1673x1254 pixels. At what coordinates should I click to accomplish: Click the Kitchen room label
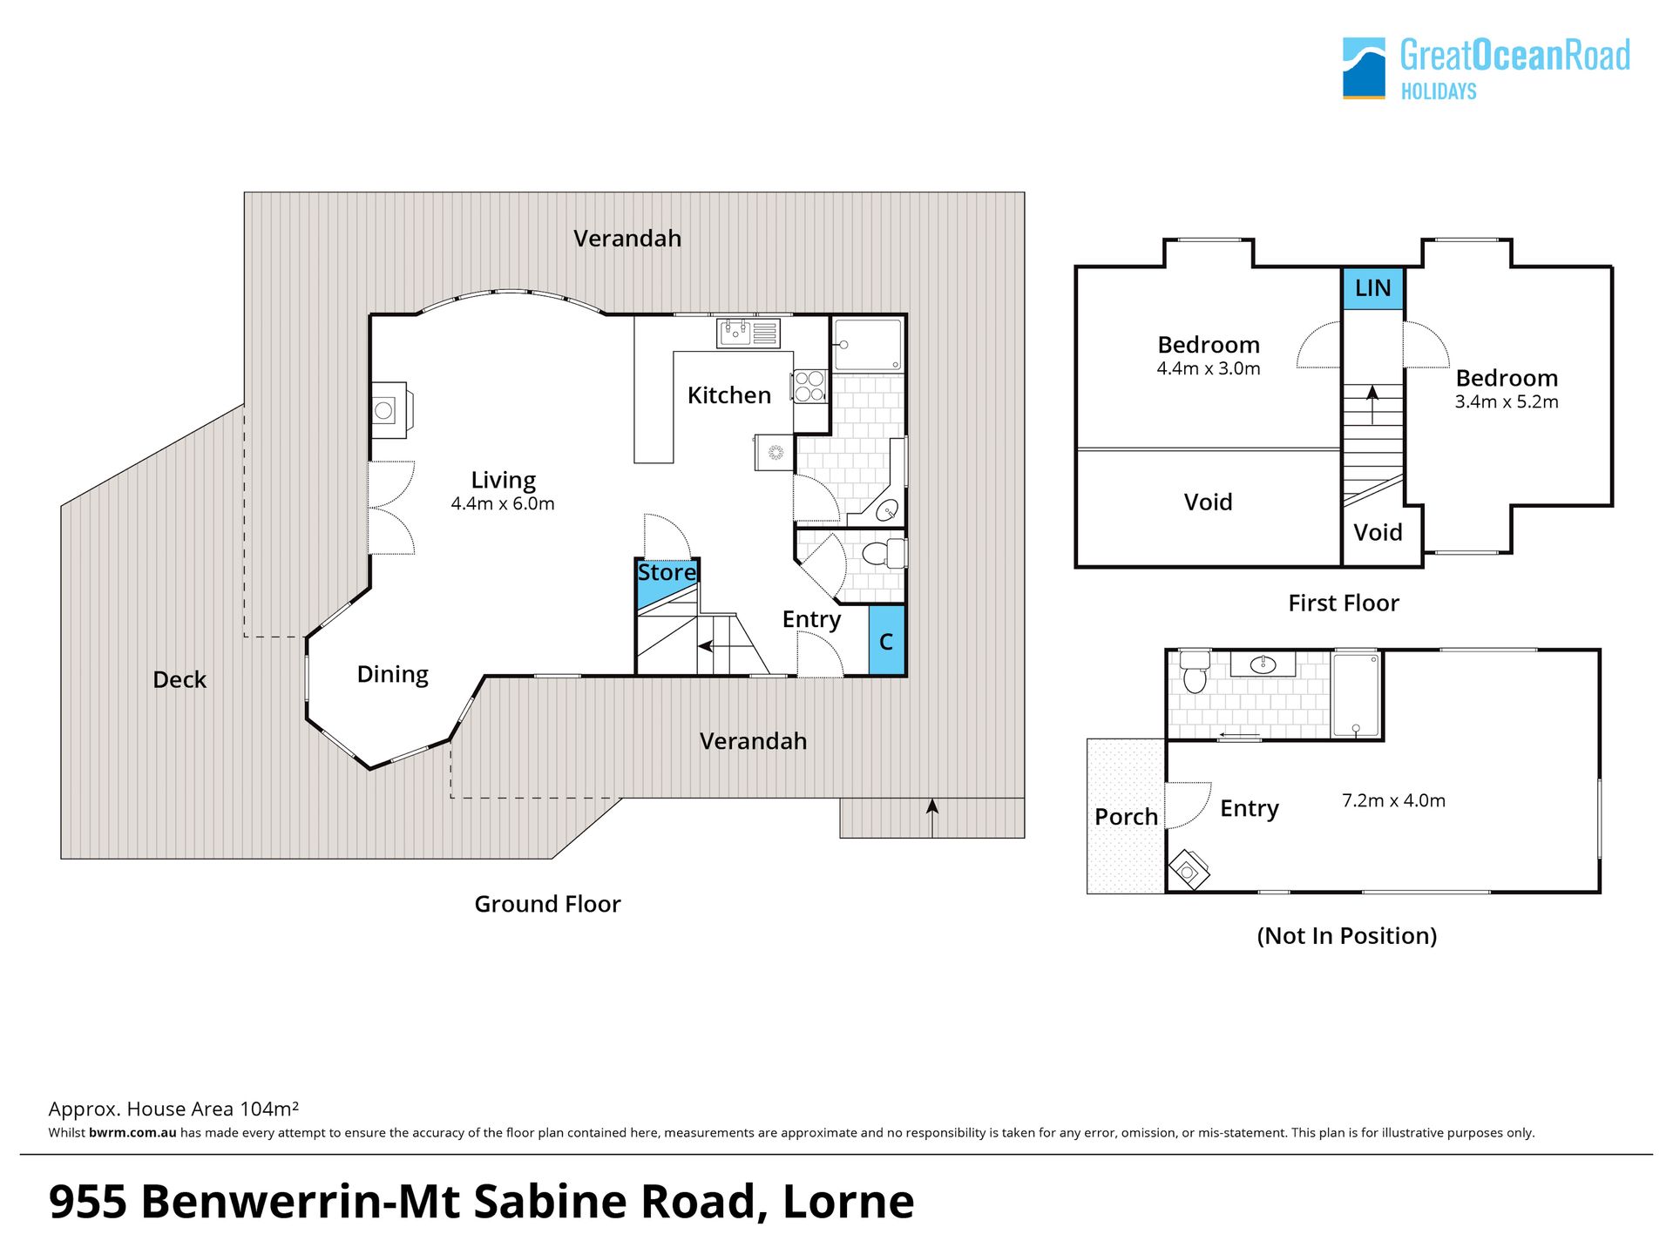click(729, 395)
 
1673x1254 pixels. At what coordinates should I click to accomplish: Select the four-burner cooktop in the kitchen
click(809, 387)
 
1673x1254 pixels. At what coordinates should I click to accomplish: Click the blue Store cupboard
click(667, 582)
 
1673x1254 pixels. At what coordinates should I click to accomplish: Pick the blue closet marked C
click(887, 640)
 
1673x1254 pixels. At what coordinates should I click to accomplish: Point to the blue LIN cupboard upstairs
click(1372, 288)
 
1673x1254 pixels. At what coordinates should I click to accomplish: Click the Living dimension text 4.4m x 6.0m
click(503, 503)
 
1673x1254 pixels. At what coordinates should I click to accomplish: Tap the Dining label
click(392, 675)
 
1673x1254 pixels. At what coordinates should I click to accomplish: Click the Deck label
click(179, 679)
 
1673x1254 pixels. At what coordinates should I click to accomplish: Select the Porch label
click(1126, 817)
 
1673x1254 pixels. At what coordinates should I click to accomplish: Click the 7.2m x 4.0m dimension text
click(1393, 800)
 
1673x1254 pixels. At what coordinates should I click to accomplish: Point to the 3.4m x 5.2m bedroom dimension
click(1507, 401)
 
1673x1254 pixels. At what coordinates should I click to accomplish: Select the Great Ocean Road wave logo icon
click(1364, 68)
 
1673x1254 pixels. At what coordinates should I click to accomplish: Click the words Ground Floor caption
click(547, 904)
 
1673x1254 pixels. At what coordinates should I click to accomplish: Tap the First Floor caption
click(1344, 603)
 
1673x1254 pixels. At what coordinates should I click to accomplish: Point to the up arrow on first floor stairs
click(1372, 405)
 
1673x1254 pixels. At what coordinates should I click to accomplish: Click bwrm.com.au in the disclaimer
click(132, 1133)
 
